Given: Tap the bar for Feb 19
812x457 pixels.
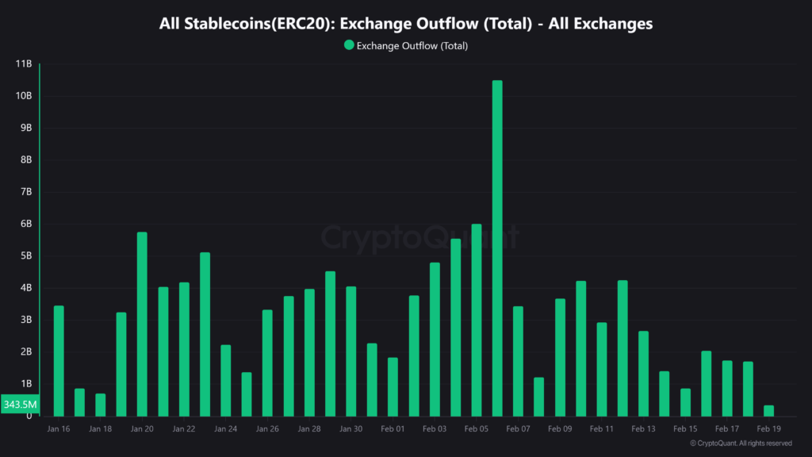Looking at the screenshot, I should pyautogui.click(x=768, y=411).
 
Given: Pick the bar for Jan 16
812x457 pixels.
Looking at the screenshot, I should pyautogui.click(x=59, y=361).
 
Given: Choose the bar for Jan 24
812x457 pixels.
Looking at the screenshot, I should pyautogui.click(x=226, y=381).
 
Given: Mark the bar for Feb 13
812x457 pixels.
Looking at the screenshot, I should pyautogui.click(x=643, y=374).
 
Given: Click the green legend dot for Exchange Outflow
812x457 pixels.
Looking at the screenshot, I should pyautogui.click(x=349, y=45).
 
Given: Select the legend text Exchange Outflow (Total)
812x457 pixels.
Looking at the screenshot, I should pyautogui.click(x=412, y=46).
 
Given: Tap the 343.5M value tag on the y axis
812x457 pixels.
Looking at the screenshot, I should pyautogui.click(x=19, y=405).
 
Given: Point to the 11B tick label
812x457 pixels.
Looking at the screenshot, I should pyautogui.click(x=24, y=63).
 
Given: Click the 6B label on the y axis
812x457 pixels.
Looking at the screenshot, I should pyautogui.click(x=25, y=224).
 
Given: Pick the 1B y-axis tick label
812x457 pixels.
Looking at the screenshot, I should pyautogui.click(x=25, y=384).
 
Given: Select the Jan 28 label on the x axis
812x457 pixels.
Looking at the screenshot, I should pyautogui.click(x=309, y=428).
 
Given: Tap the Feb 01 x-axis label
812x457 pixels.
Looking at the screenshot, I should pyautogui.click(x=393, y=428).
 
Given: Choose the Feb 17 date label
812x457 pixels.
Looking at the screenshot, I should pyautogui.click(x=726, y=428).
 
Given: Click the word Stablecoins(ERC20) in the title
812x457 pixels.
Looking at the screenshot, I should pyautogui.click(x=251, y=24).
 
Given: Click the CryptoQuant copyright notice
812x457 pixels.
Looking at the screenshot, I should pyautogui.click(x=741, y=444).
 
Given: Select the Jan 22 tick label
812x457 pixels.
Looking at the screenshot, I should pyautogui.click(x=184, y=428).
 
